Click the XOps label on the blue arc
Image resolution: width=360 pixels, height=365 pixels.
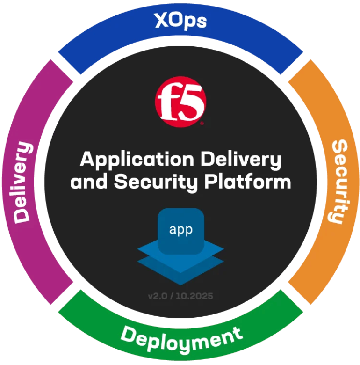[180, 21]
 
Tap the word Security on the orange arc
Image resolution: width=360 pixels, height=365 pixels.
[339, 182]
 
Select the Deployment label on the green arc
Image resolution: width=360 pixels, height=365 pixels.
[181, 339]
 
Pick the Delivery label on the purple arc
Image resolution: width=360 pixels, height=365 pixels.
[22, 182]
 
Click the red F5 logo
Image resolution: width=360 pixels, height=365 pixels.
[180, 102]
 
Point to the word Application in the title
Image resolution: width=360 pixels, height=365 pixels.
[137, 160]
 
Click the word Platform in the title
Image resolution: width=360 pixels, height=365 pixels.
[248, 182]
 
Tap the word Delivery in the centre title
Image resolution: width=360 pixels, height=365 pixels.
[241, 160]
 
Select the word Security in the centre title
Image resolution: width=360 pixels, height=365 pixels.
[156, 183]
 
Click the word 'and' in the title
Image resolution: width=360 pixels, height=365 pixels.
[89, 182]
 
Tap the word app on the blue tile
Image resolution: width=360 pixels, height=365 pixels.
[181, 230]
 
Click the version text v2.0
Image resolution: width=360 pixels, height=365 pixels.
[158, 296]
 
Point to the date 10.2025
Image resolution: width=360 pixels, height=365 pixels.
[194, 296]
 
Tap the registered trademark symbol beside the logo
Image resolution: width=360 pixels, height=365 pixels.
[202, 124]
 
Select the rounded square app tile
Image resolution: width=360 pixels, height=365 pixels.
[181, 231]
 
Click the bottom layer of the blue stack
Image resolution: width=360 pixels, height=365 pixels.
[180, 272]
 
